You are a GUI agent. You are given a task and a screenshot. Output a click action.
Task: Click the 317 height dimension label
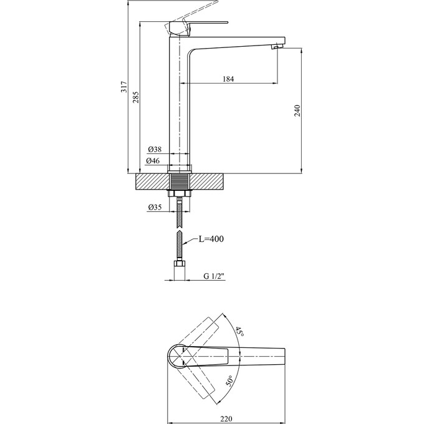[124, 87]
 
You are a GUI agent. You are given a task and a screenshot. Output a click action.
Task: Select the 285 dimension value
[136, 97]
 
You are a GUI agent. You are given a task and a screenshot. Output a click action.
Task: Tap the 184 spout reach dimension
[228, 79]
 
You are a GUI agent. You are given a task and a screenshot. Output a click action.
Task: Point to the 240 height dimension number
[297, 110]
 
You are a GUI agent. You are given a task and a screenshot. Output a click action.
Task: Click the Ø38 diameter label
[155, 149]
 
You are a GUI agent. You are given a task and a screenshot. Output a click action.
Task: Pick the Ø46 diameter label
[153, 161]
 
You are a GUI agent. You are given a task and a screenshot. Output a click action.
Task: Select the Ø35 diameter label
[155, 207]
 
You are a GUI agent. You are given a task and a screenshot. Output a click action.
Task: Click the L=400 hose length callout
[211, 239]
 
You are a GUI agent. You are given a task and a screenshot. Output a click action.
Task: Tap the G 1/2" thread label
[214, 276]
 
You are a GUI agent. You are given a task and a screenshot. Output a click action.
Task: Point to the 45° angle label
[239, 331]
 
